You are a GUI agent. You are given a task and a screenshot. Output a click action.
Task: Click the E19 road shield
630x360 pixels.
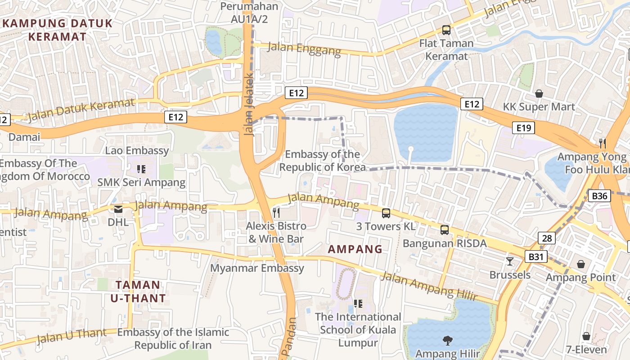pyautogui.click(x=524, y=128)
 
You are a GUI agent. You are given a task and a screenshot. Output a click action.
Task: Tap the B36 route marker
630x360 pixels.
pyautogui.click(x=599, y=196)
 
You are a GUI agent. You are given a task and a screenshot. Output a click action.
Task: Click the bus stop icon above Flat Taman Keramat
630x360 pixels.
pyautogui.click(x=446, y=30)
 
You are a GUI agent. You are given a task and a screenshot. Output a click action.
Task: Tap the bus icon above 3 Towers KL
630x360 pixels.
pyautogui.click(x=386, y=213)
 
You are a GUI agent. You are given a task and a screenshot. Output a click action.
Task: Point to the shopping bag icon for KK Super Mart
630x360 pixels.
pyautogui.click(x=539, y=94)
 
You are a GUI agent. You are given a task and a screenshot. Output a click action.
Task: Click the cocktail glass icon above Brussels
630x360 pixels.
pyautogui.click(x=510, y=261)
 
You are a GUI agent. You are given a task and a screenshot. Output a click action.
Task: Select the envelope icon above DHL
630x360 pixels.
pyautogui.click(x=118, y=209)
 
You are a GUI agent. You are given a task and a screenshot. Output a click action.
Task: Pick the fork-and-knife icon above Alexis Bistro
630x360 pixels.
pyautogui.click(x=276, y=212)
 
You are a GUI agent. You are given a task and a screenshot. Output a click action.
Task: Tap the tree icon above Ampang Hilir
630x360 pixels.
pyautogui.click(x=447, y=341)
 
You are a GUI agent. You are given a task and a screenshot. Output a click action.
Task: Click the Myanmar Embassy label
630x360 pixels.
pyautogui.click(x=257, y=268)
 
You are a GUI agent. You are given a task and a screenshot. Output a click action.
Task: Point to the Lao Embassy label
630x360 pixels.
pyautogui.click(x=137, y=150)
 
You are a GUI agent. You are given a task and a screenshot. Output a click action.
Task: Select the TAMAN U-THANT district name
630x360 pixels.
pyautogui.click(x=138, y=291)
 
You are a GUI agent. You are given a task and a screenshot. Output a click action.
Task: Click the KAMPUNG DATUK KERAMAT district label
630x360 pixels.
pyautogui.click(x=57, y=30)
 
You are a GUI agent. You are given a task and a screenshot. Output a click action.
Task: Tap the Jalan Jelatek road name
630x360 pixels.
pyautogui.click(x=250, y=105)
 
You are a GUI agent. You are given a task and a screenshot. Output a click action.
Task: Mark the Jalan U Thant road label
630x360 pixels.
pyautogui.click(x=72, y=335)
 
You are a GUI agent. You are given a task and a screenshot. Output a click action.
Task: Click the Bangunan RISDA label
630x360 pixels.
pyautogui.click(x=445, y=243)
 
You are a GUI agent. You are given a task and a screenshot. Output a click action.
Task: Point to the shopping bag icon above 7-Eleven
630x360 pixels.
pyautogui.click(x=586, y=336)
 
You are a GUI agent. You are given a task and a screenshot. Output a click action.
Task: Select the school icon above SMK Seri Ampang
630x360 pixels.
pyautogui.click(x=141, y=169)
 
